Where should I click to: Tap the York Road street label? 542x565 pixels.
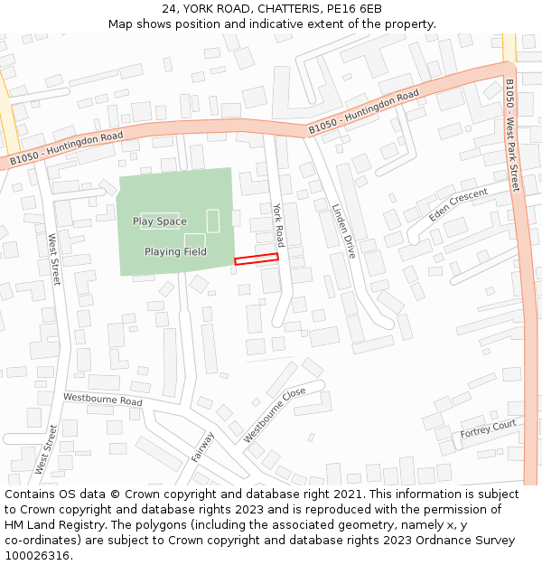(278, 225)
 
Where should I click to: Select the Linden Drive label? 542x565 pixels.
(344, 231)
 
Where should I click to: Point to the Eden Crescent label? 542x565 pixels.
(458, 204)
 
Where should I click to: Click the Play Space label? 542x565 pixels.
(160, 221)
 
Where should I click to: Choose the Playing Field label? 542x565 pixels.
(175, 251)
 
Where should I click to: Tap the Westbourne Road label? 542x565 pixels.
(103, 400)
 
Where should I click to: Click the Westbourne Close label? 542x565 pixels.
(275, 415)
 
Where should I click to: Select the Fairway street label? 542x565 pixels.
(203, 446)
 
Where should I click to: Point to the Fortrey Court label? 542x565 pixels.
(488, 428)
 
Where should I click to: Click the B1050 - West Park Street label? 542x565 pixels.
(512, 136)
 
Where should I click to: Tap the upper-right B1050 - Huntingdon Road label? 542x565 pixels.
(364, 113)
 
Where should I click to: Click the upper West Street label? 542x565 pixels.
(53, 259)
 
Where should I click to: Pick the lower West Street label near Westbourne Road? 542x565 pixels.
(45, 449)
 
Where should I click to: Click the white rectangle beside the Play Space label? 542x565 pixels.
(213, 220)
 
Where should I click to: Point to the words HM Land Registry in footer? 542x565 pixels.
(51, 525)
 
